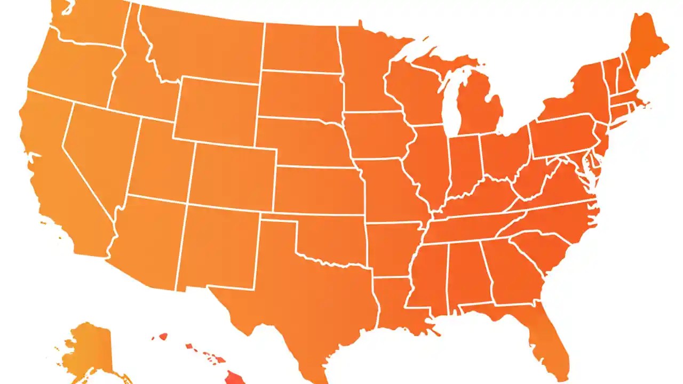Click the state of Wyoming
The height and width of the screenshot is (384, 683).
pyautogui.click(x=216, y=109)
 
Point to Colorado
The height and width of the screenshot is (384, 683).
pyautogui.click(x=232, y=173)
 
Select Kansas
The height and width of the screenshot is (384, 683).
pyautogui.click(x=317, y=189)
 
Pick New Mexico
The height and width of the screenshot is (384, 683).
pyautogui.click(x=219, y=245)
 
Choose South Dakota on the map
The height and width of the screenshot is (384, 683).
pyautogui.click(x=299, y=96)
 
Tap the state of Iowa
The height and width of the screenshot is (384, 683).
pyautogui.click(x=376, y=136)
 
